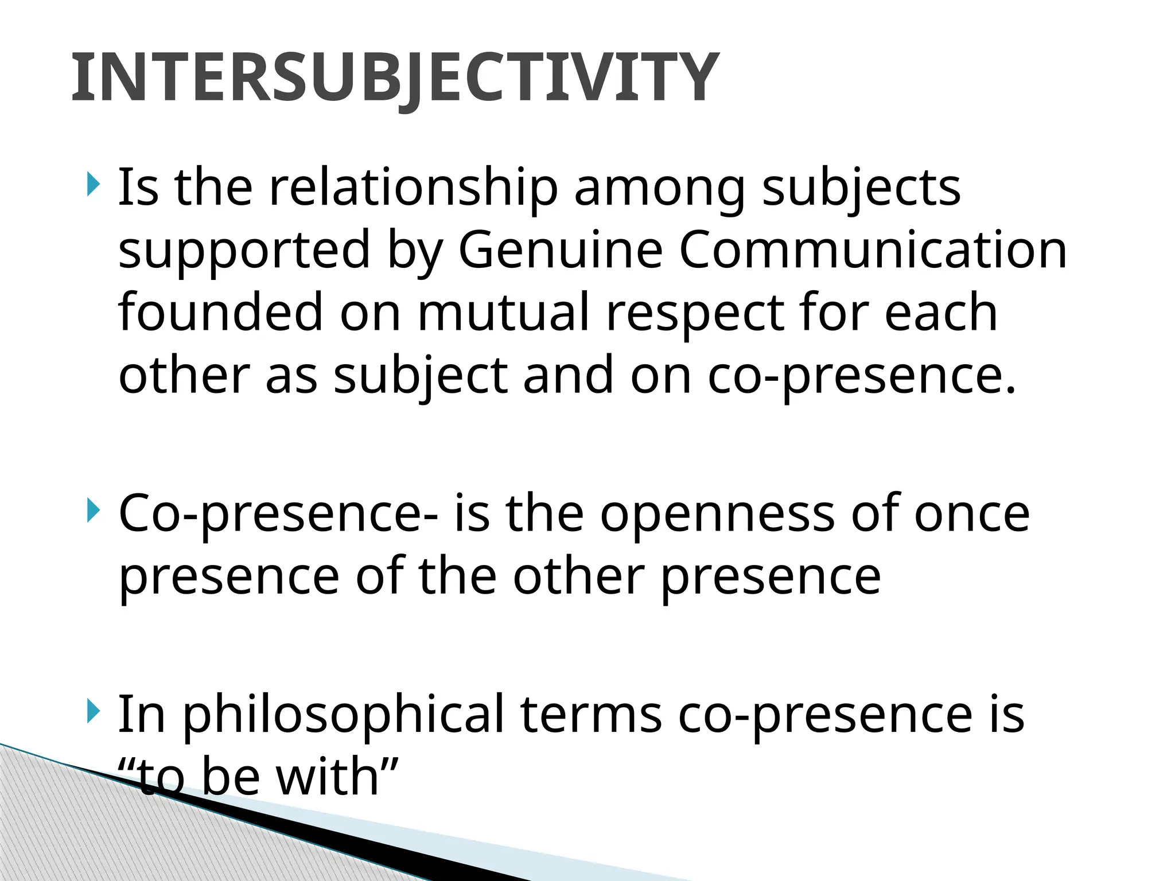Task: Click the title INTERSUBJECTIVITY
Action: (394, 77)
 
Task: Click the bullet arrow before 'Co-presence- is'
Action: (93, 510)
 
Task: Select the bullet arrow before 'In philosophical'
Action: (93, 712)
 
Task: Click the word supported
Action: (244, 251)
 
